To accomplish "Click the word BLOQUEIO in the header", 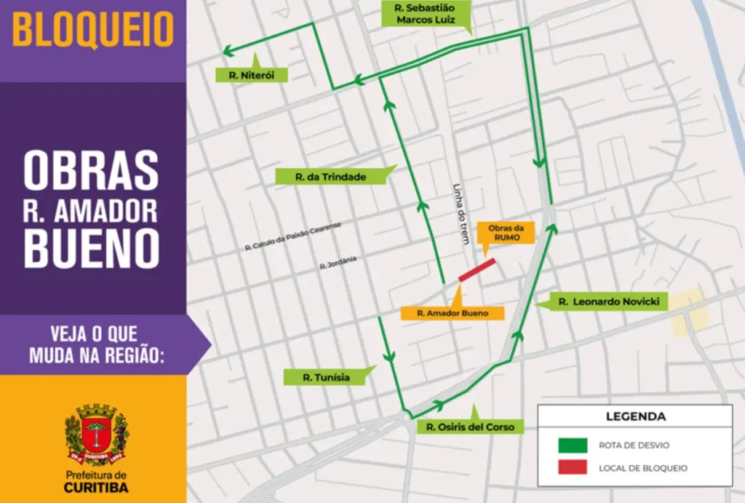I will (93, 30).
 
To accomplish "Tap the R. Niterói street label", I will (252, 74).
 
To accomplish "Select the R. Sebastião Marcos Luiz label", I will (425, 14).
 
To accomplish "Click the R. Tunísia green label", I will (326, 377).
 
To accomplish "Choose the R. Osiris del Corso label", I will (469, 427).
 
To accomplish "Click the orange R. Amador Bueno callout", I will (450, 312).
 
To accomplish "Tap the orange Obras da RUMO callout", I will (505, 232).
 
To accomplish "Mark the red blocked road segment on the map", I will (477, 269).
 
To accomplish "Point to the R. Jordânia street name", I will (338, 266).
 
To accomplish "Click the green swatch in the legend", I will (573, 445).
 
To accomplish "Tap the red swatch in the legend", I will (573, 467).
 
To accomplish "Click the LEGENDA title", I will (635, 417).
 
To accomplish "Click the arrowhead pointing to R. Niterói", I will (228, 51).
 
